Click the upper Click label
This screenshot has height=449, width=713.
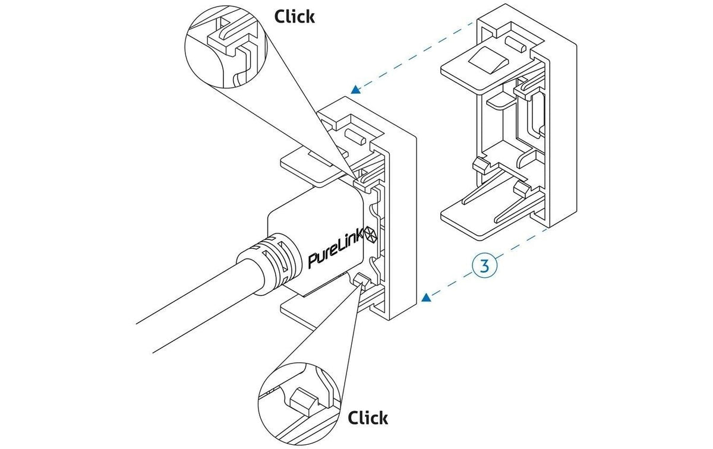[x=295, y=17]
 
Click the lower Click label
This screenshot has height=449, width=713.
[x=368, y=418]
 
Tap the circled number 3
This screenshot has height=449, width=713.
[x=484, y=265]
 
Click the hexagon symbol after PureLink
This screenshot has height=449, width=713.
[x=371, y=235]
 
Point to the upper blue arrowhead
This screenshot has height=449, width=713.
[x=356, y=90]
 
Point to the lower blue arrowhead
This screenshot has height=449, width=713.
[x=426, y=298]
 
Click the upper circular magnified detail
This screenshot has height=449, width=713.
[x=226, y=46]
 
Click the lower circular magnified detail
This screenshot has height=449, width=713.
[x=299, y=404]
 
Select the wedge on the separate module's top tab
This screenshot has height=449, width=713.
[x=487, y=60]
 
